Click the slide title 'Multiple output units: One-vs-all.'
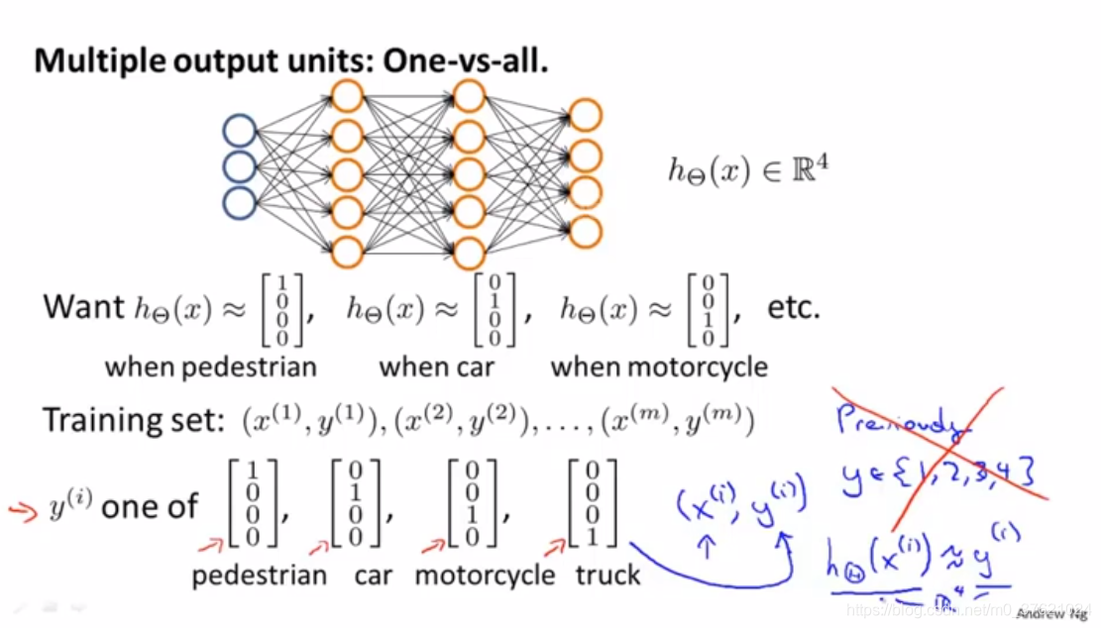(x=291, y=61)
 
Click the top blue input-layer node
(x=240, y=131)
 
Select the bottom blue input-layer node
(x=240, y=202)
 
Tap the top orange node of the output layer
(x=586, y=115)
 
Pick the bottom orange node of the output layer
(x=586, y=231)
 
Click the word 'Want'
(x=83, y=307)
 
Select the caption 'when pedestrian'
(x=211, y=366)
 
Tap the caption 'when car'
(x=436, y=366)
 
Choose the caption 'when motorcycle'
(x=659, y=366)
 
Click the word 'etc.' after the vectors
(x=795, y=307)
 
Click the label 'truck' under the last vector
(x=607, y=575)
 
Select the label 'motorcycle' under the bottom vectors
(x=486, y=575)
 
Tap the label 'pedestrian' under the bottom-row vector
(x=260, y=575)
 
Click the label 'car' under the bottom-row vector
(x=373, y=575)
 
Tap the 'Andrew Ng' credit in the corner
(x=1053, y=614)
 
